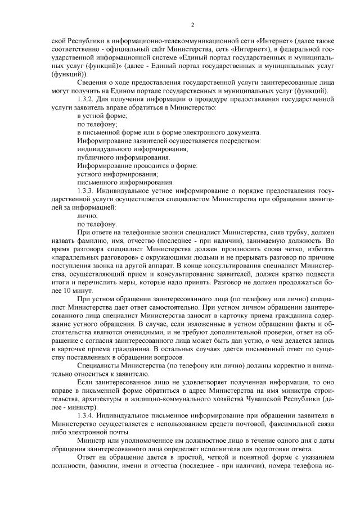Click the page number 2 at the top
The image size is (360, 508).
point(192,25)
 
